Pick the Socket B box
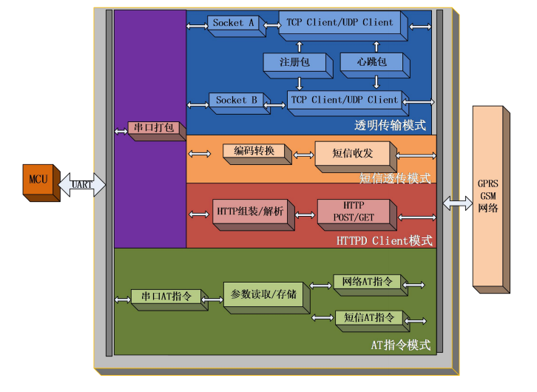pos(236,100)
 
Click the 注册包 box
pos(294,64)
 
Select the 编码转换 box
pos(254,152)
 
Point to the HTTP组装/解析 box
pos(250,212)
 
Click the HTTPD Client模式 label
pos(384,241)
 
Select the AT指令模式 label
pos(400,345)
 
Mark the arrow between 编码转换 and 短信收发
pos(303,155)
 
